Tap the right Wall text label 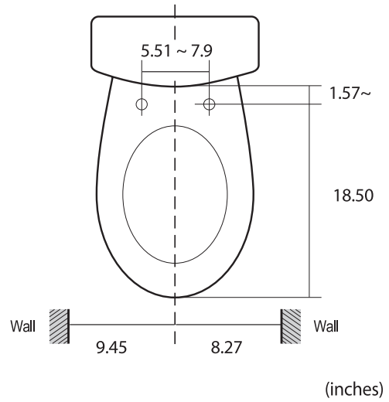click(x=325, y=325)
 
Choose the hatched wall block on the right click(x=290, y=325)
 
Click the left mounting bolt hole click(x=142, y=103)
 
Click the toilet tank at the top click(x=176, y=43)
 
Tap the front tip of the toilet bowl click(x=176, y=295)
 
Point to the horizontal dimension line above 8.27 click(x=228, y=325)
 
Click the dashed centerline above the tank click(x=176, y=8)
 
